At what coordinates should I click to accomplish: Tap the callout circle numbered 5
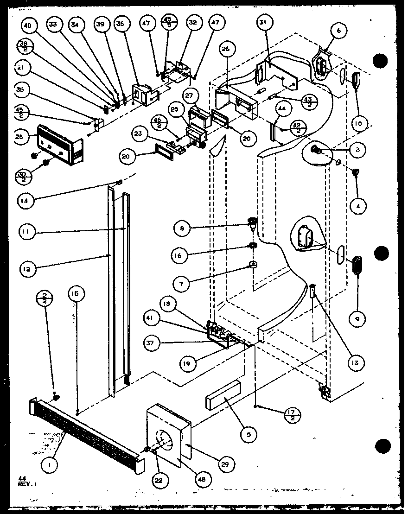click(249, 435)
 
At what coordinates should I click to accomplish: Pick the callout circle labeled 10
click(360, 124)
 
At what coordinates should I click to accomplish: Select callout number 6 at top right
click(338, 31)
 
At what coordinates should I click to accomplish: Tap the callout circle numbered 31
click(266, 22)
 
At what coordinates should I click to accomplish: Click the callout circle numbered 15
click(76, 293)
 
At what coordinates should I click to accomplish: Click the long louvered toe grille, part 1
click(88, 431)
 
